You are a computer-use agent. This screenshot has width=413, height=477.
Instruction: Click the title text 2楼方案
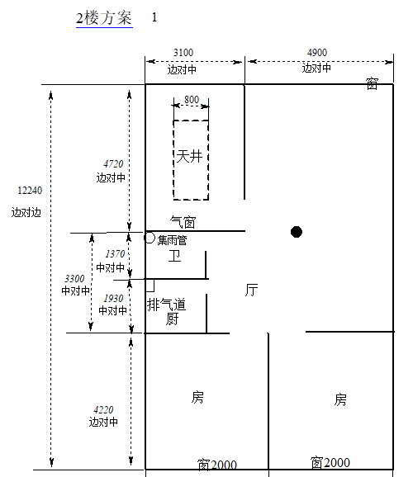tap(104, 18)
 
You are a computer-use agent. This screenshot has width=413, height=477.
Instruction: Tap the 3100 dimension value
tap(183, 53)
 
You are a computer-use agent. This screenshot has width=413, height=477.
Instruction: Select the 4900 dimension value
tap(317, 53)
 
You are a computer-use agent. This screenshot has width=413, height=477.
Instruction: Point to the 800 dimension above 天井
tap(192, 100)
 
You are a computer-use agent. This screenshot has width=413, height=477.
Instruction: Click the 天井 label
tap(189, 157)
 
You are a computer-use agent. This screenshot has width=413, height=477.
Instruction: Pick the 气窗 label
tap(183, 222)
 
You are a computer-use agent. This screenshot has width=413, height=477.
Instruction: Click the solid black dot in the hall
tap(297, 232)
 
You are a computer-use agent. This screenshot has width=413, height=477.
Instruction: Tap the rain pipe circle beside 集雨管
tap(150, 238)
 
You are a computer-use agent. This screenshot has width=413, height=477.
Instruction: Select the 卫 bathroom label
tap(175, 256)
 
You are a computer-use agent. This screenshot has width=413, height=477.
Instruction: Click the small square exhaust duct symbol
tap(150, 286)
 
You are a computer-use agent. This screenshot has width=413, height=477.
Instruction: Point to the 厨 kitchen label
tap(173, 319)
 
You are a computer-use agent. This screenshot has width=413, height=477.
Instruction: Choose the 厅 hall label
tap(252, 290)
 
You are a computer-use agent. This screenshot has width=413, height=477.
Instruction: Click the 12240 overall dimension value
tap(30, 191)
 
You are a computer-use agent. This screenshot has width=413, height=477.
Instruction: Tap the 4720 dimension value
tap(113, 164)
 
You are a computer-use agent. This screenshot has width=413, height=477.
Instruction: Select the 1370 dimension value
tap(115, 253)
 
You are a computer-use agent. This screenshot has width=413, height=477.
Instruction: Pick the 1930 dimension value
tap(113, 299)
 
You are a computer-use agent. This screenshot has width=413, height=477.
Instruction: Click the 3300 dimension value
tap(74, 278)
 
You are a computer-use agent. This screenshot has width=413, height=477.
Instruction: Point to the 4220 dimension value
tap(103, 410)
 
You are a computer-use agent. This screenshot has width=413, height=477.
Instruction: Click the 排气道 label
tap(167, 305)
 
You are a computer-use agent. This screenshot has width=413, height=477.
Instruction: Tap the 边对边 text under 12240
tap(26, 212)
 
